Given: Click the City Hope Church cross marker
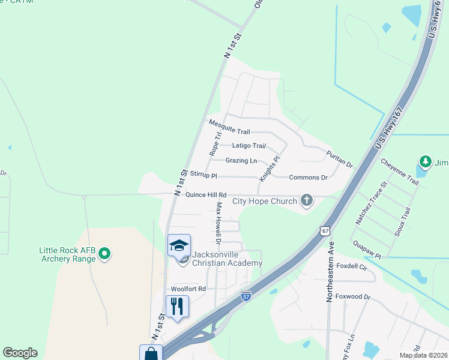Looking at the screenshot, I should pyautogui.click(x=307, y=200).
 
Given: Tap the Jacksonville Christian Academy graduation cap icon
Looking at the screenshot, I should pyautogui.click(x=179, y=245).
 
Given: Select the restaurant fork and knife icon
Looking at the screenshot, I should pyautogui.click(x=177, y=306).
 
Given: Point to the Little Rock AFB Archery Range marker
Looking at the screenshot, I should pyautogui.click(x=104, y=254).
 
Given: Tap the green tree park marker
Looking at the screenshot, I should pyautogui.click(x=426, y=161).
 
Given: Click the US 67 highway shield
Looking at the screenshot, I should pyautogui.click(x=325, y=230).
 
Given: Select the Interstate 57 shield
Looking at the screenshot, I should pyautogui.click(x=246, y=296).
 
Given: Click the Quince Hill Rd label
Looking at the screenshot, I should pyautogui.click(x=206, y=195).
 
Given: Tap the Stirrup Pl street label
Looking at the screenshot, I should pyautogui.click(x=203, y=176).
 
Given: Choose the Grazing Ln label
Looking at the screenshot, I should pyautogui.click(x=241, y=161).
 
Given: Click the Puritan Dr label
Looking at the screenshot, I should pyautogui.click(x=339, y=158).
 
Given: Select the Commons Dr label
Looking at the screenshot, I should pyautogui.click(x=308, y=178).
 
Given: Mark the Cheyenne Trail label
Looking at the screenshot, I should pyautogui.click(x=400, y=172).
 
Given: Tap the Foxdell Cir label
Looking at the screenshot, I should pyautogui.click(x=352, y=266).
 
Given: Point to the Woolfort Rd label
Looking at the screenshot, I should pyautogui.click(x=188, y=289).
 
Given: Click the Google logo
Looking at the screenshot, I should pyautogui.click(x=20, y=353).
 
